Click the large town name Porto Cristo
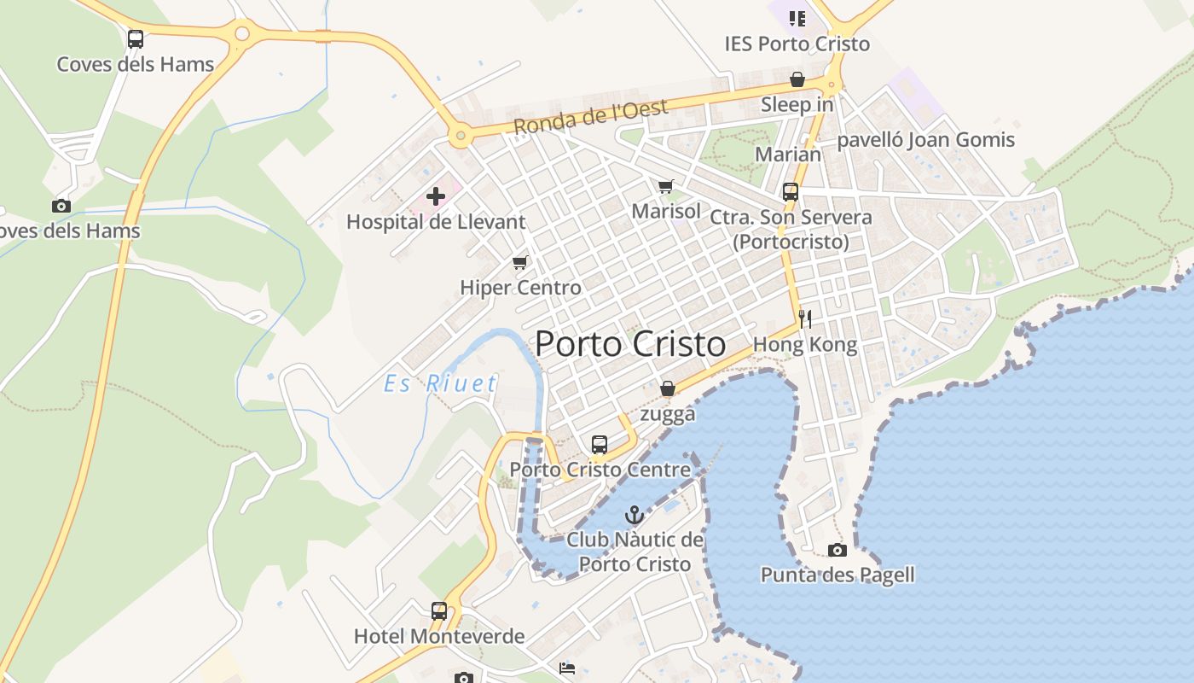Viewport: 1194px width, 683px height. (x=630, y=344)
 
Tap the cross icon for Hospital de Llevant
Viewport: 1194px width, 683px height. (x=436, y=197)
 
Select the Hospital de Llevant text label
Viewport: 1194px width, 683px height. (x=436, y=222)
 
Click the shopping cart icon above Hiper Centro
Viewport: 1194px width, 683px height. (x=519, y=263)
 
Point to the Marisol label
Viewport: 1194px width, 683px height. (x=666, y=211)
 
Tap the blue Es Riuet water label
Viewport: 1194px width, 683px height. (x=440, y=383)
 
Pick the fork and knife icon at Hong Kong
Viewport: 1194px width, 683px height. (x=805, y=319)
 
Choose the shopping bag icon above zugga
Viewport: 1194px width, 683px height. (x=668, y=389)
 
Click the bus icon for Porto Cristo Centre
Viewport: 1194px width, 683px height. (x=600, y=445)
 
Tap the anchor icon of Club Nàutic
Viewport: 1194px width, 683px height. (x=634, y=515)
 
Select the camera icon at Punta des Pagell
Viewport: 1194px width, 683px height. (x=838, y=550)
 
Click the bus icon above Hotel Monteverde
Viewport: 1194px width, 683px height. (x=439, y=611)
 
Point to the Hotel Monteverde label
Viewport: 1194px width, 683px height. (x=439, y=637)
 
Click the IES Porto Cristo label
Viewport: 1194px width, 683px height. (x=797, y=44)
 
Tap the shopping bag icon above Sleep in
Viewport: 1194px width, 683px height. (x=797, y=80)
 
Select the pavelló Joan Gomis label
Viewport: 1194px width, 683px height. (x=926, y=140)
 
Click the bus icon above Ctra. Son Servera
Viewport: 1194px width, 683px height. (x=791, y=192)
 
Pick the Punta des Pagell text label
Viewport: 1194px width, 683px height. (x=838, y=575)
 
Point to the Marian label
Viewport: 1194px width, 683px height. (x=789, y=155)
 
